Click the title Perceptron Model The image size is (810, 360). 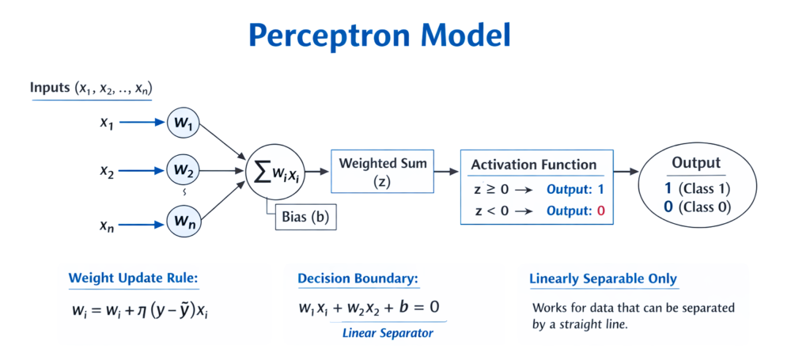pos(379,36)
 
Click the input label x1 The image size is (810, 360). pos(107,123)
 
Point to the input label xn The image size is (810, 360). pos(107,225)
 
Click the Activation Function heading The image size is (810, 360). pos(533,165)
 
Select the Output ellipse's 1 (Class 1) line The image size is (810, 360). pos(696,189)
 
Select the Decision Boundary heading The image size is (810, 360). pos(358,279)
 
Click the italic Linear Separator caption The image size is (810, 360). pos(388,333)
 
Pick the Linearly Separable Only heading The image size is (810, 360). pos(603,279)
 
